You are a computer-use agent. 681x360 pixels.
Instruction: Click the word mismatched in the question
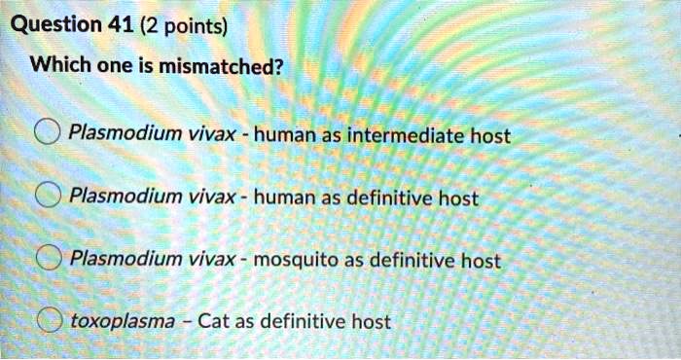pos(216,67)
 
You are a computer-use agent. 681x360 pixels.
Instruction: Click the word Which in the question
pos(54,67)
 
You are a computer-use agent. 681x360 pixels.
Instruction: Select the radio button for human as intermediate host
pos(46,135)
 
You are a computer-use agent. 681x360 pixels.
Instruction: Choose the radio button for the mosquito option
pos(46,260)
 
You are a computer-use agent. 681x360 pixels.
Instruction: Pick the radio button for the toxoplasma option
pos(46,320)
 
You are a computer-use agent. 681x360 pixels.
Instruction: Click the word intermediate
pos(404,135)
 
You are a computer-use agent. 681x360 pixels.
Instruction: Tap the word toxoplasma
pos(124,321)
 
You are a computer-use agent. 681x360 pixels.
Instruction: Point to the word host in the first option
pos(490,135)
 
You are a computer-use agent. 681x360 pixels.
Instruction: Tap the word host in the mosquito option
pos(481,260)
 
